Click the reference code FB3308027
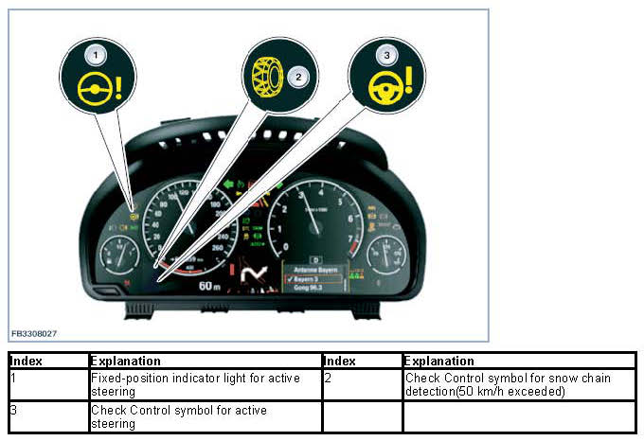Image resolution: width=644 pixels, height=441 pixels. pyautogui.click(x=35, y=333)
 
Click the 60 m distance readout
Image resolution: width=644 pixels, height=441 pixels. pyautogui.click(x=210, y=284)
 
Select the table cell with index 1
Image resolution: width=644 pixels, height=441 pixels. pyautogui.click(x=48, y=383)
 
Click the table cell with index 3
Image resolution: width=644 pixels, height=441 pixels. pyautogui.click(x=48, y=416)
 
